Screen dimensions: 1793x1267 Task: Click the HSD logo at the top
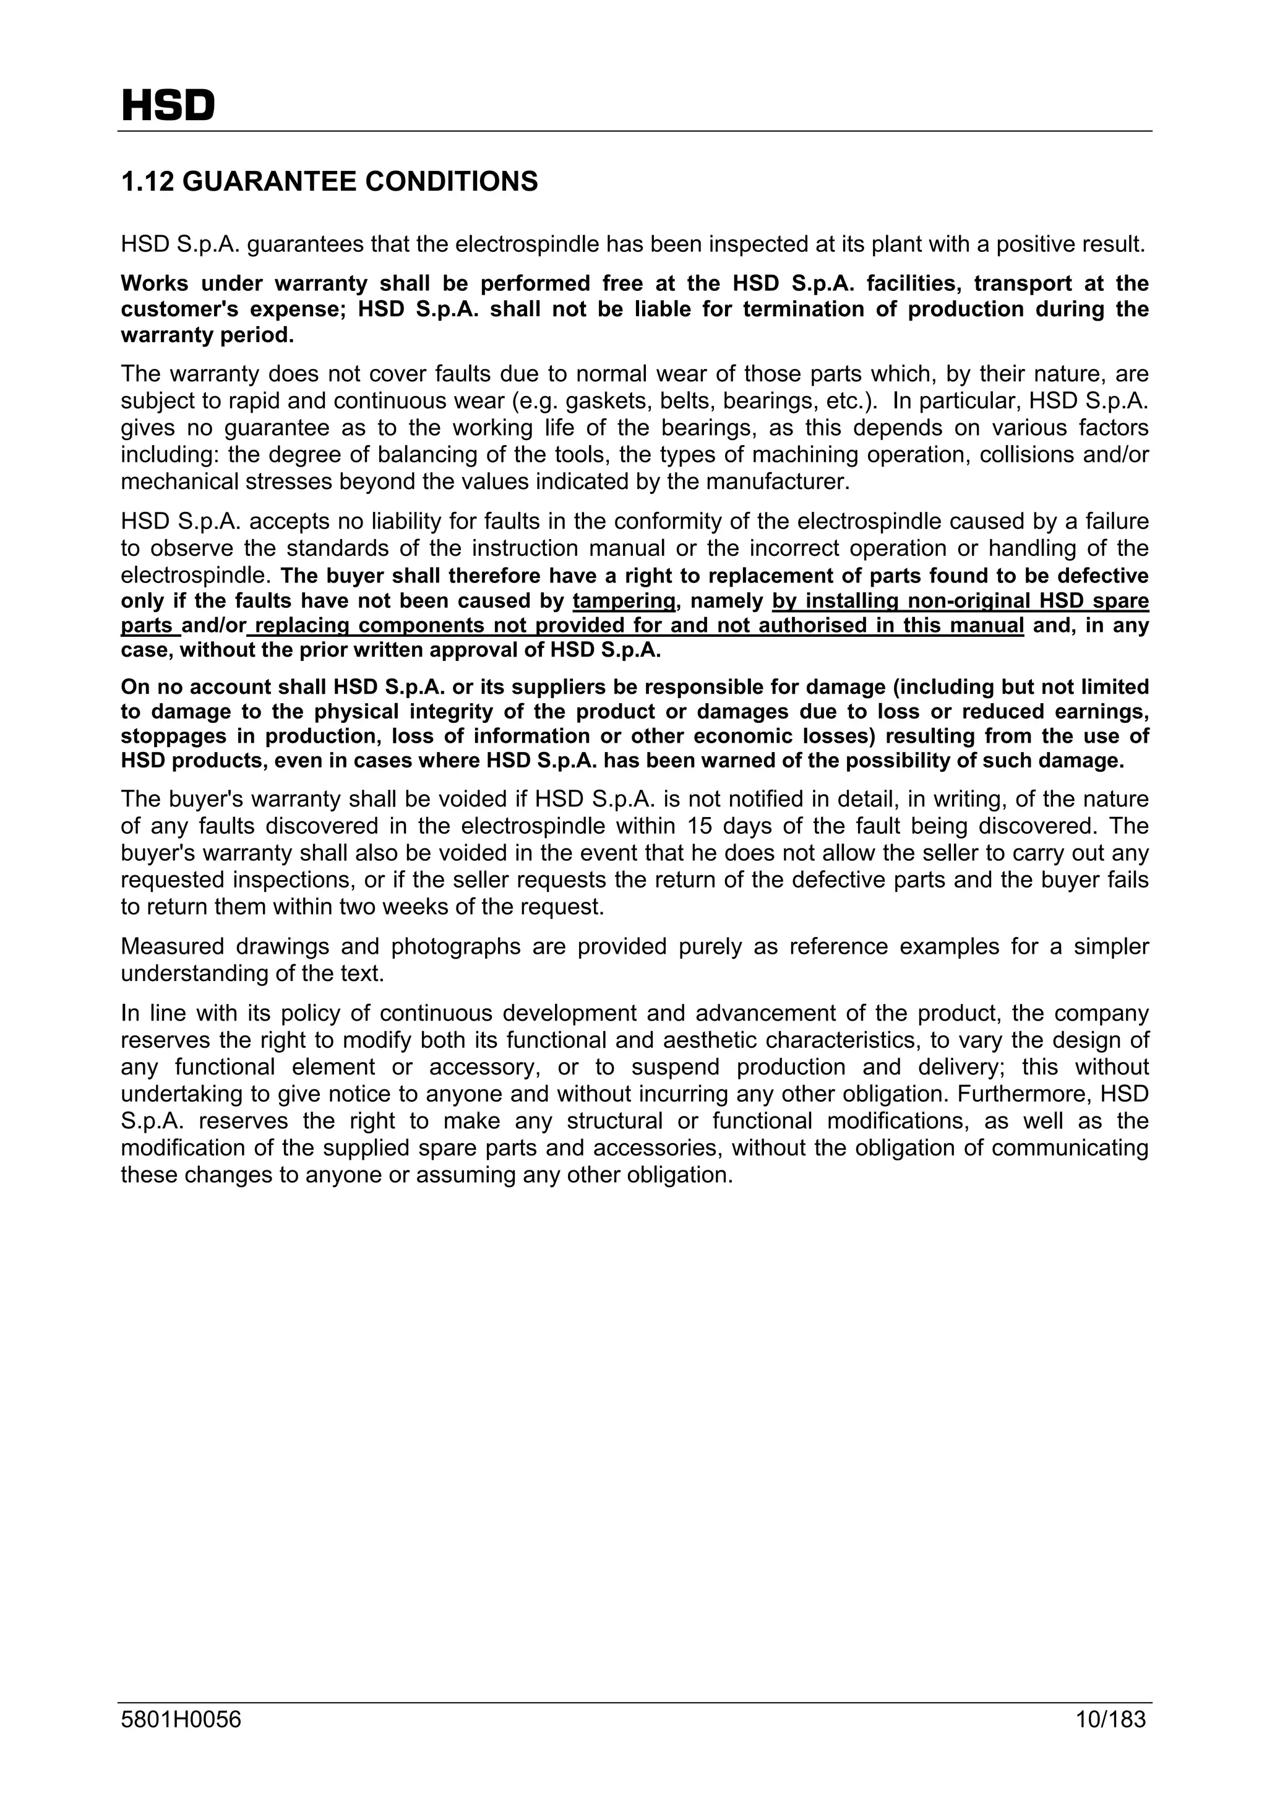(168, 106)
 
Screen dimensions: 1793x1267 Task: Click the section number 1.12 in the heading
(147, 182)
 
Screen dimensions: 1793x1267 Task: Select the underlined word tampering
(623, 602)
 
